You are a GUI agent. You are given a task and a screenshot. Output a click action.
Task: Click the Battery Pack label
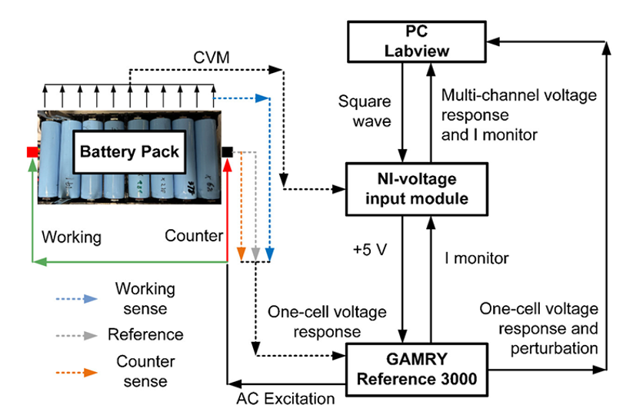129,151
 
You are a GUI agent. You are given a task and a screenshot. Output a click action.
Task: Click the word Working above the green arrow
72,237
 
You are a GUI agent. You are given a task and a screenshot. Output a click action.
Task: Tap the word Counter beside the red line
194,236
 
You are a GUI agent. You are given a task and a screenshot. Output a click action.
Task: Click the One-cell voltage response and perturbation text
538,328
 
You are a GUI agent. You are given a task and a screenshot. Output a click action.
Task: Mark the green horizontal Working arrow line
131,263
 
